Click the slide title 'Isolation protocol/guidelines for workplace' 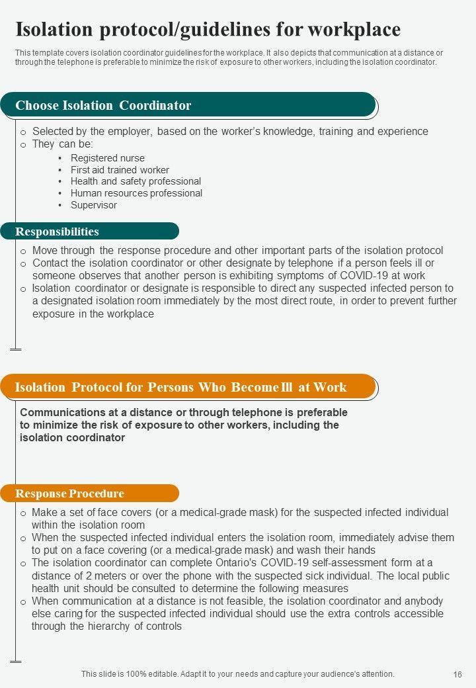(x=208, y=29)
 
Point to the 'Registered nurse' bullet (x=107, y=158)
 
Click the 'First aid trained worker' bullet (x=120, y=170)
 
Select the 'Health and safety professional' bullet (x=136, y=181)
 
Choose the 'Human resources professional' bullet (x=136, y=193)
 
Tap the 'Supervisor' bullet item (x=94, y=205)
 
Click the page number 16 (x=457, y=675)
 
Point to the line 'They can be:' (x=63, y=144)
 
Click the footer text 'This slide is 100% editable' (x=238, y=674)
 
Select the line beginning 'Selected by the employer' (x=230, y=132)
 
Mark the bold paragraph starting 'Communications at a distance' (x=184, y=425)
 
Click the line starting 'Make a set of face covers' (x=240, y=513)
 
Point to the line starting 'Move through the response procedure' (x=237, y=251)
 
